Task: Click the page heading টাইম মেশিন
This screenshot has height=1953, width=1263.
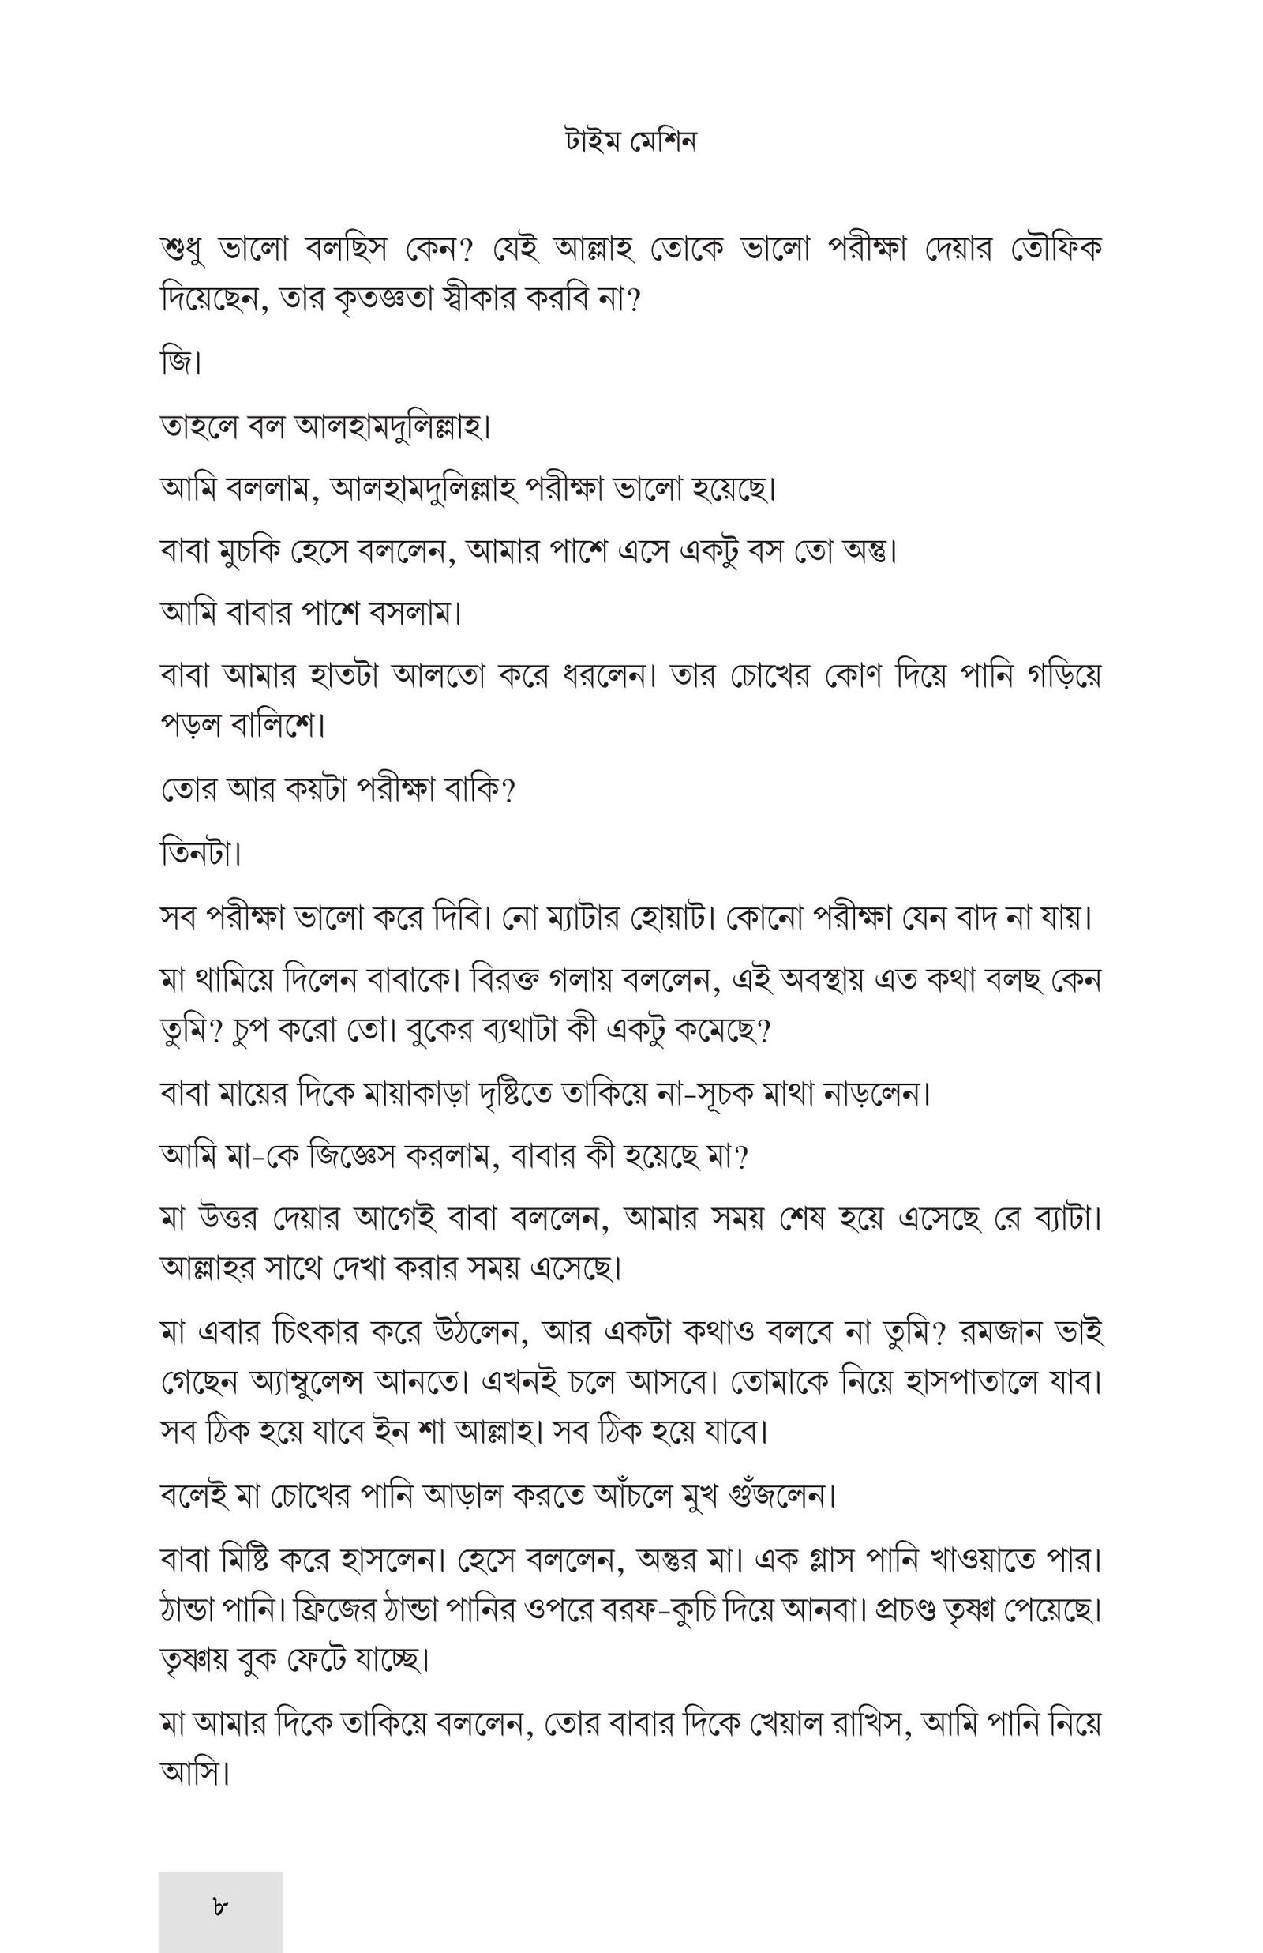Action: click(x=630, y=142)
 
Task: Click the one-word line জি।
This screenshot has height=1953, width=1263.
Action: click(x=181, y=362)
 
